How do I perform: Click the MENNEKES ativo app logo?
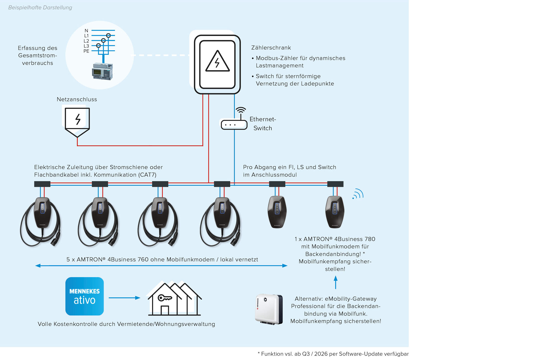[85, 296]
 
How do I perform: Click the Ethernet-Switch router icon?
[234, 124]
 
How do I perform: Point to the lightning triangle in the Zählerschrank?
[217, 62]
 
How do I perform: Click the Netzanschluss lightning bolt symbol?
[77, 120]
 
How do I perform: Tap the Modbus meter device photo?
[102, 71]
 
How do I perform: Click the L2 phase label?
[86, 41]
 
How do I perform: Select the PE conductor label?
[86, 51]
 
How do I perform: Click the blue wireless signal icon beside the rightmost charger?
[358, 194]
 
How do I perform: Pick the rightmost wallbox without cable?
[335, 212]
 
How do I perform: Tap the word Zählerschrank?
[271, 48]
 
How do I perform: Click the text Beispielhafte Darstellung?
[40, 7]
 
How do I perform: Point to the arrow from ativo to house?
[124, 298]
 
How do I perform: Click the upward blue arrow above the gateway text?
[336, 282]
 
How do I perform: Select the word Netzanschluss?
[77, 99]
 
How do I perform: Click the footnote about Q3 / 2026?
[333, 354]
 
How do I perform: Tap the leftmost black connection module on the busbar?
[42, 184]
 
